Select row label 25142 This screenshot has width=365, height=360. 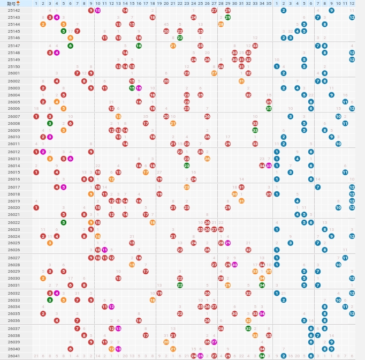click(x=14, y=10)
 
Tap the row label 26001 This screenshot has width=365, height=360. click(x=14, y=73)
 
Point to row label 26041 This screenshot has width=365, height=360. click(x=14, y=356)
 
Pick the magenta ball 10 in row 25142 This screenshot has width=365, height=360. click(x=97, y=10)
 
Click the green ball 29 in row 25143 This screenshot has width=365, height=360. click(x=227, y=17)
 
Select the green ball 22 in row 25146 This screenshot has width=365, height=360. click(x=180, y=38)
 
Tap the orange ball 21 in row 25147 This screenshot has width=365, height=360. click(x=173, y=46)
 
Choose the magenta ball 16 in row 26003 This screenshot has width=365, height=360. click(x=139, y=88)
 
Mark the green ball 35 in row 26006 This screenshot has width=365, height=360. click(x=269, y=108)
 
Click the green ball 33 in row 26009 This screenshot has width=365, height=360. click(x=255, y=130)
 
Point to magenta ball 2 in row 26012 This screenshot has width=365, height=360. click(x=43, y=152)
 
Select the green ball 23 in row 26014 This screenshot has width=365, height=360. click(x=187, y=166)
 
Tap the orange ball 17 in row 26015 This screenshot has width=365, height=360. click(x=146, y=172)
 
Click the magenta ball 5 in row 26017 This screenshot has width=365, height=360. click(x=64, y=187)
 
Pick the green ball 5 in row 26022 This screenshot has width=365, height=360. click(x=64, y=222)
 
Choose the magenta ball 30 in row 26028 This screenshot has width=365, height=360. click(x=234, y=265)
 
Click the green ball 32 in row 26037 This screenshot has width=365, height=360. click(x=248, y=328)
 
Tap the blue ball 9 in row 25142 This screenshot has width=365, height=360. click(x=332, y=10)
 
